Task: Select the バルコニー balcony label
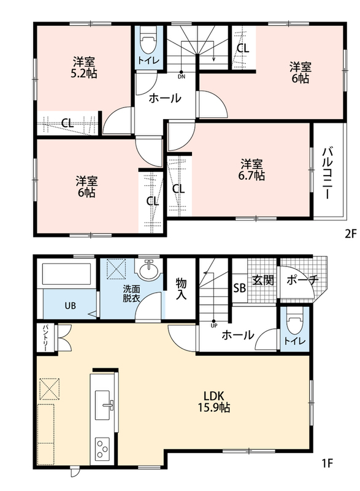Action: (327, 172)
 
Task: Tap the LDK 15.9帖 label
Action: (214, 402)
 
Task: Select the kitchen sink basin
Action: (103, 405)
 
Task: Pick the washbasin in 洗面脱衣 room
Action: (149, 269)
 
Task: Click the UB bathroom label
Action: (70, 305)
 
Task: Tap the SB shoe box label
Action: (240, 288)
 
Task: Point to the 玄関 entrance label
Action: (263, 280)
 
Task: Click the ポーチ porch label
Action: (302, 280)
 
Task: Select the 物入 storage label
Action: (181, 288)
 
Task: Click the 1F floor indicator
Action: (327, 463)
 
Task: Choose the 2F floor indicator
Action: (351, 234)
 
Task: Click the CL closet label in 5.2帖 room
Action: (67, 123)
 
